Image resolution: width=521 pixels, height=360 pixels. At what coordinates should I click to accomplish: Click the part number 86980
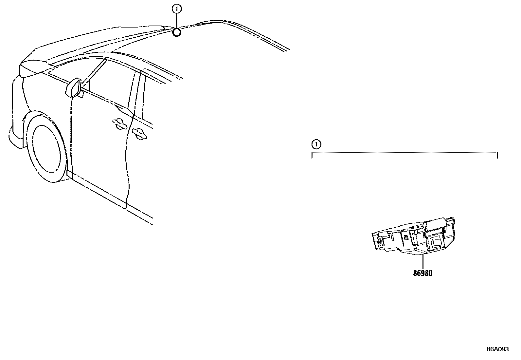pos(422,273)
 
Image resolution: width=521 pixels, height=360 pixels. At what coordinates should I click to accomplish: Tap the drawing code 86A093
pos(497,349)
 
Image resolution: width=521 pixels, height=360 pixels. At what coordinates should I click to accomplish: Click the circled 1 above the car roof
pos(177,9)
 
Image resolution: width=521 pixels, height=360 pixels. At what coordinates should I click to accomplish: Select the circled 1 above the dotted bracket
pos(316,144)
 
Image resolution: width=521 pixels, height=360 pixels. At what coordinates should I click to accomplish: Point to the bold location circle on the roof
pos(177,32)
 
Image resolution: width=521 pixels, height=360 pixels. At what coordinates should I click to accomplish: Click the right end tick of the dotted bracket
pos(497,155)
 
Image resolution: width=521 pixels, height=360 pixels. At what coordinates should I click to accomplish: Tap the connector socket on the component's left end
pos(378,241)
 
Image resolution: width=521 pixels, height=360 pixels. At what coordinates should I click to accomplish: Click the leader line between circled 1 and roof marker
pos(177,21)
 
